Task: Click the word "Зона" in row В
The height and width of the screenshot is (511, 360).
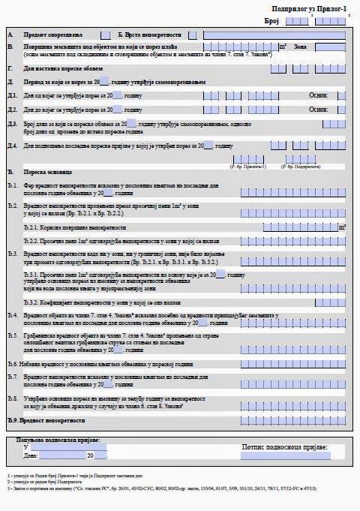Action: tap(301, 47)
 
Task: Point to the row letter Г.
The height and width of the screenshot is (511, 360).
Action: tap(9, 68)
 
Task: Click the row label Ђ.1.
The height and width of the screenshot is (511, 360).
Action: tap(11, 185)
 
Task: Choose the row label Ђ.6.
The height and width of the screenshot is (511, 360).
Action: tap(11, 363)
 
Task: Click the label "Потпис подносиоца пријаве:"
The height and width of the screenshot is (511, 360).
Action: tap(285, 446)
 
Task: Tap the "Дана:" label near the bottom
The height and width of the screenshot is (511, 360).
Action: tap(30, 455)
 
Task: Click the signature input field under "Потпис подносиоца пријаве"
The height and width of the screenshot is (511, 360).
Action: tap(285, 455)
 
